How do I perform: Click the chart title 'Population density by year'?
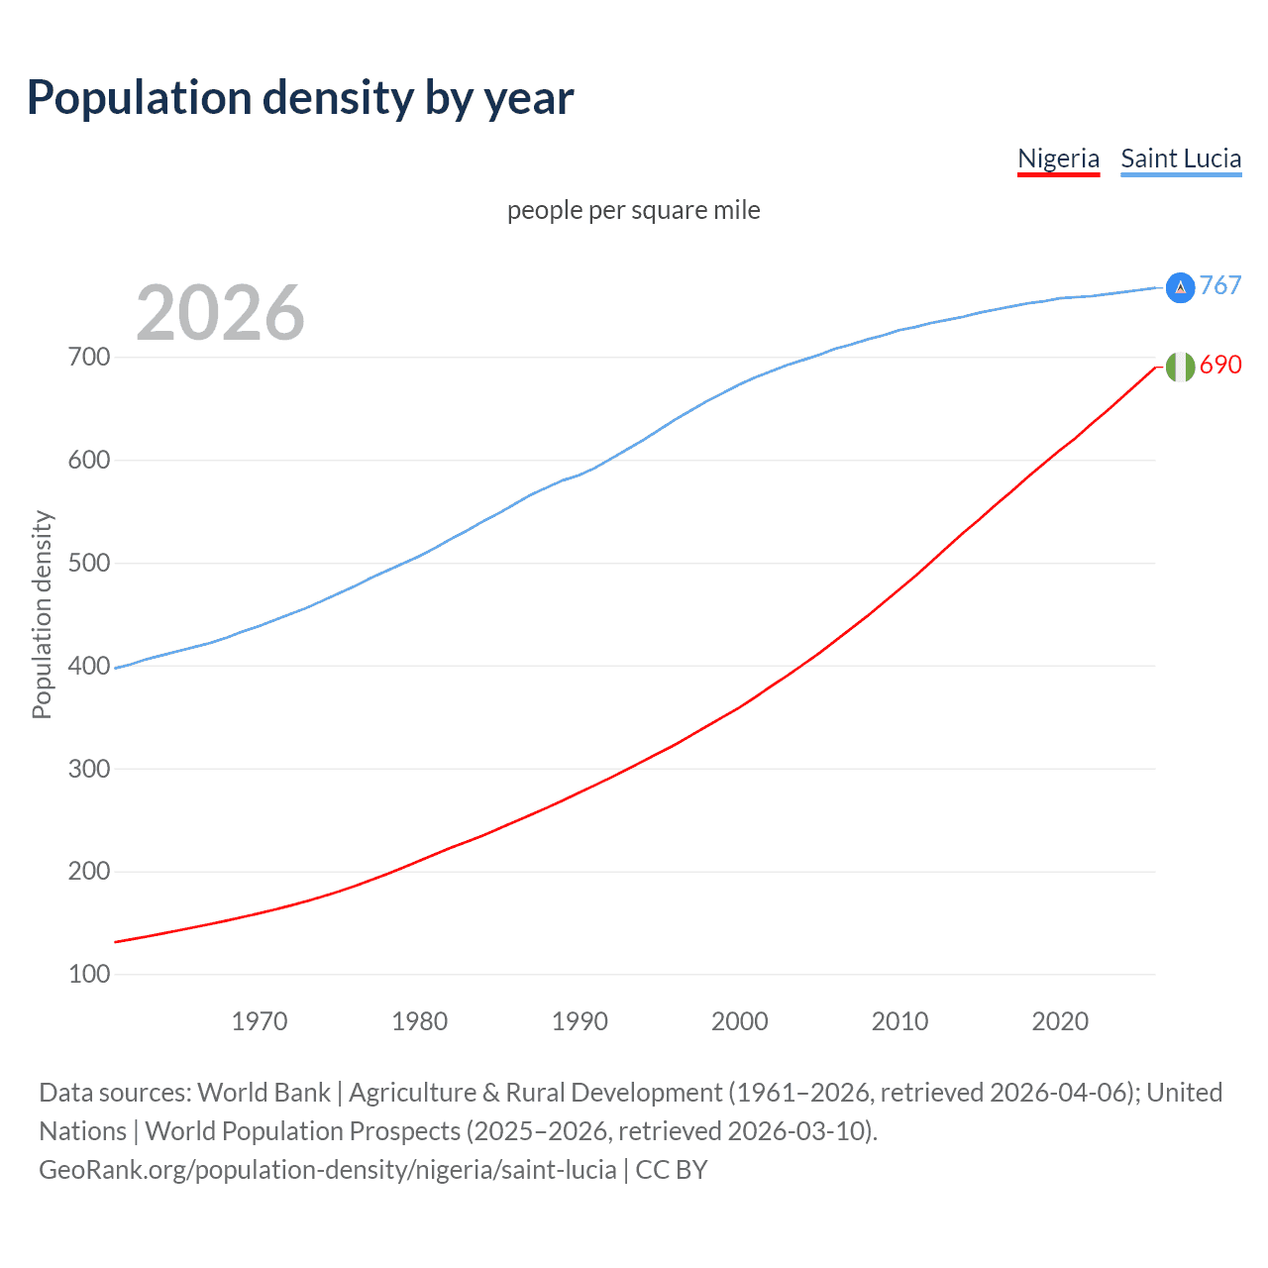[300, 98]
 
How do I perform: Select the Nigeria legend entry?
[1058, 158]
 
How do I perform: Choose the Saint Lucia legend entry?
[1181, 158]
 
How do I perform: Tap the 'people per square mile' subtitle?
[634, 210]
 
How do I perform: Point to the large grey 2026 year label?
[220, 313]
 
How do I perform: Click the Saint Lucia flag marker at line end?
[1180, 287]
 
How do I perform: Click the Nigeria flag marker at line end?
[1180, 367]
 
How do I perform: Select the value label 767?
[1220, 285]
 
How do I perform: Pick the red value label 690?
[1220, 365]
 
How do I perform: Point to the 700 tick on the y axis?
[89, 357]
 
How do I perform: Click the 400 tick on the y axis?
[89, 666]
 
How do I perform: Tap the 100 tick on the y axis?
[89, 975]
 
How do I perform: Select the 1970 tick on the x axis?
[260, 1021]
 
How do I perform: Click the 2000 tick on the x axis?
[740, 1021]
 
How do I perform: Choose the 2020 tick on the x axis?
[1060, 1021]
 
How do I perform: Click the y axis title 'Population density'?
[42, 614]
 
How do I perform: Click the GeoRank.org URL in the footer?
[327, 1170]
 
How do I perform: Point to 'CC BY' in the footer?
[672, 1170]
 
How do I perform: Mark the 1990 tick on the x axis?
[580, 1021]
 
